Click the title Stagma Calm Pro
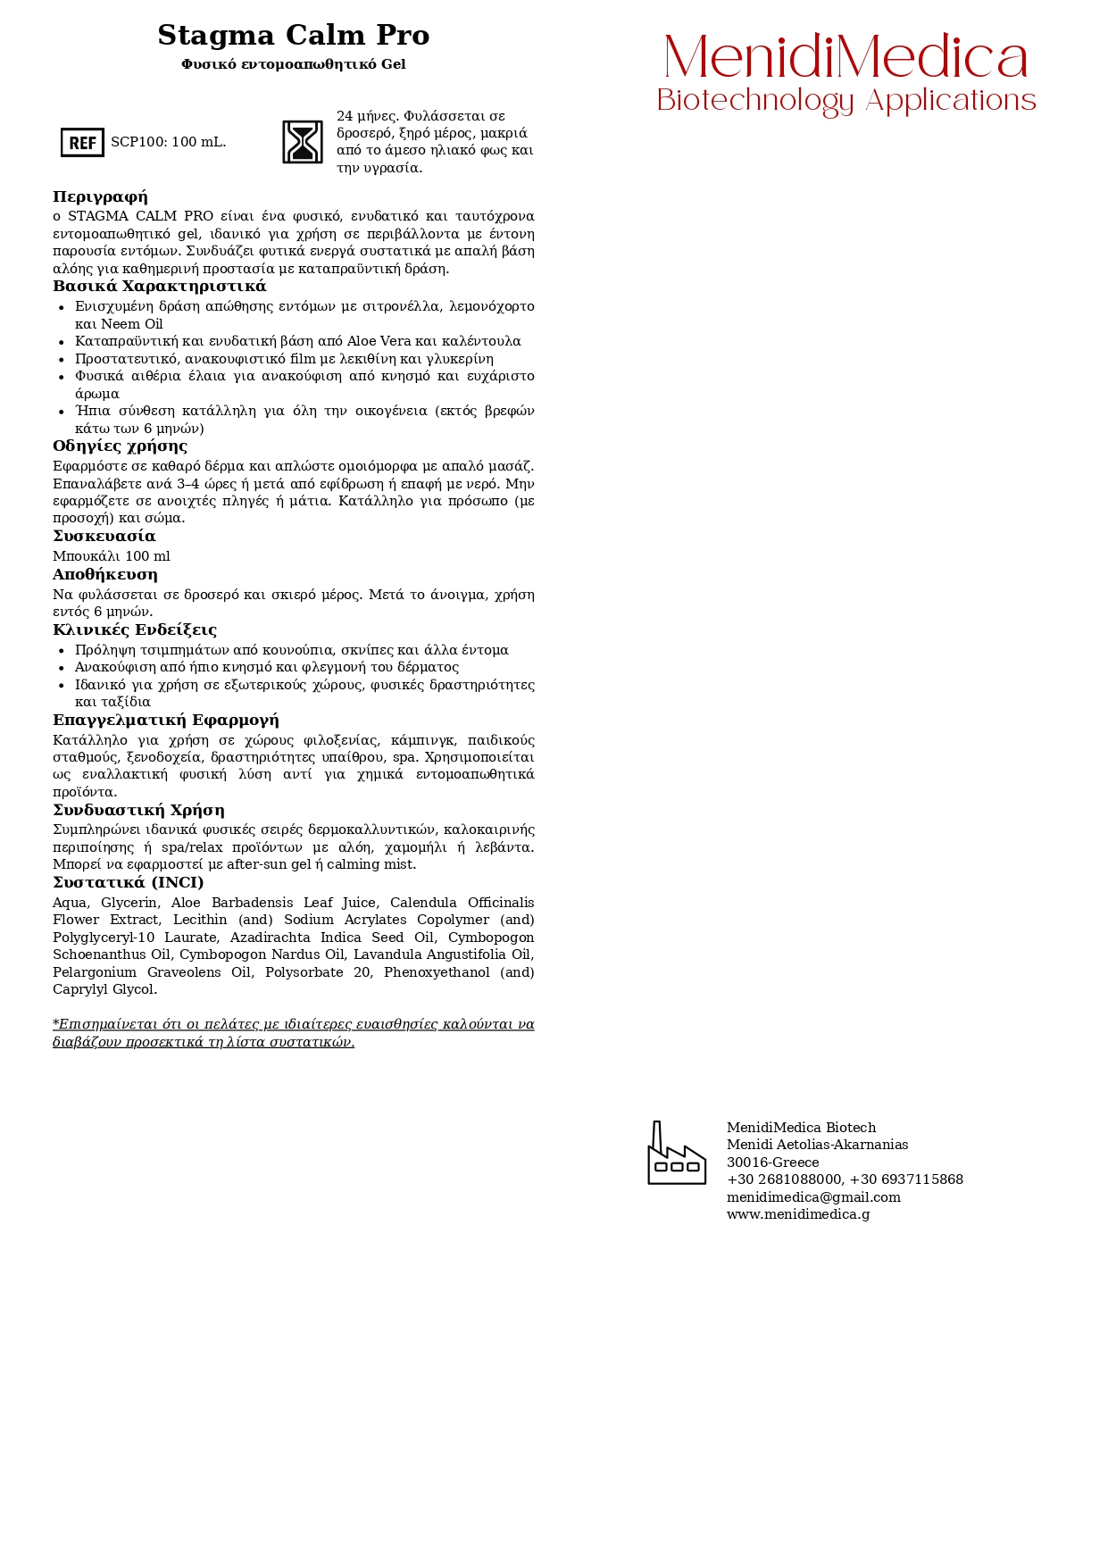pos(293,36)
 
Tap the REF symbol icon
pos(82,142)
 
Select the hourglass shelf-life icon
pos(303,142)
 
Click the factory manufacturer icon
pos(677,1154)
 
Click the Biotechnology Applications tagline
pos(846,101)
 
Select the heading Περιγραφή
pos(100,196)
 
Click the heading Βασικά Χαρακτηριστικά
pos(160,286)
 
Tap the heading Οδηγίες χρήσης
pos(120,446)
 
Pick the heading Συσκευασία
pos(104,536)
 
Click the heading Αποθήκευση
pos(104,574)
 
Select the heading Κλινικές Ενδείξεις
pos(135,629)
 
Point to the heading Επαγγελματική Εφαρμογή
pos(165,720)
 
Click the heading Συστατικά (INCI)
pos(128,882)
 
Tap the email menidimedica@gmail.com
pos(813,1197)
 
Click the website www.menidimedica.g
pos(797,1214)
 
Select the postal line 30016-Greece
pos(772,1163)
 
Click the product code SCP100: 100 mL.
pos(169,142)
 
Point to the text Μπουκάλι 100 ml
pos(111,556)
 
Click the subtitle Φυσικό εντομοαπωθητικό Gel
pos(293,64)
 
